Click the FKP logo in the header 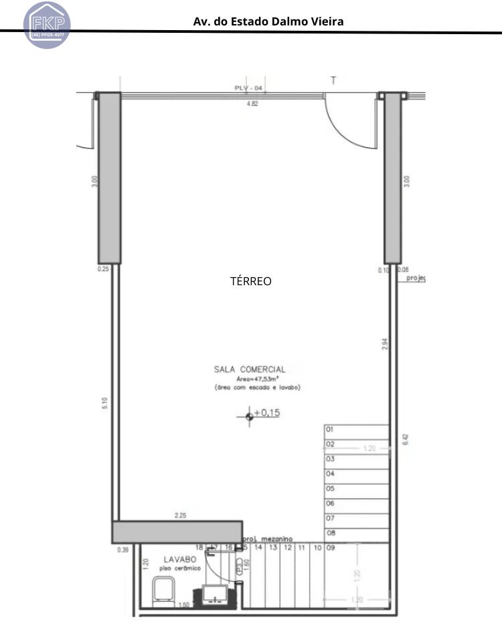(x=47, y=24)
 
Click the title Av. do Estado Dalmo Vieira (x=268, y=21)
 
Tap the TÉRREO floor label (x=251, y=281)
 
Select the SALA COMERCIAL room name (x=250, y=369)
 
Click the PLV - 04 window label (x=248, y=88)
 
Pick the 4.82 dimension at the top (x=252, y=104)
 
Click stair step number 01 (x=330, y=430)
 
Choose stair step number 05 (x=330, y=489)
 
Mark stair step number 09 (x=331, y=548)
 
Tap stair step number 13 (x=273, y=548)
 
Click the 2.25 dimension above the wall (x=179, y=515)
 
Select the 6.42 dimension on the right (x=404, y=440)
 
